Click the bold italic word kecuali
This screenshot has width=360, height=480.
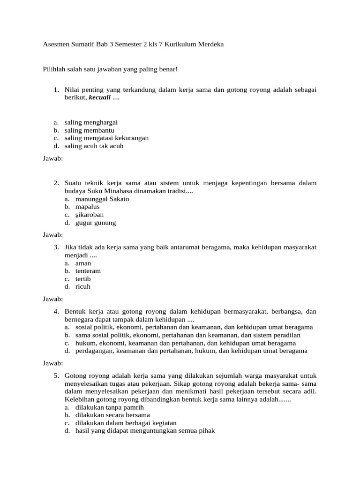tap(99, 97)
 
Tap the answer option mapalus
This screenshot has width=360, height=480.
tap(88, 207)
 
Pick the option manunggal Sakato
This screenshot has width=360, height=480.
tap(102, 199)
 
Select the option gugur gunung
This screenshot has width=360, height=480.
tap(96, 223)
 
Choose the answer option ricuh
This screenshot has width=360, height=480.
tap(83, 286)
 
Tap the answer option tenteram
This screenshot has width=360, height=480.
tap(88, 270)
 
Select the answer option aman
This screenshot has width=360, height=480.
tap(83, 263)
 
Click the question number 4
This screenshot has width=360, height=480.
tap(56, 311)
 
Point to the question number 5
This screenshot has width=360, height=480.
tap(56, 375)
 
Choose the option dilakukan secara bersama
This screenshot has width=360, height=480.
tap(112, 415)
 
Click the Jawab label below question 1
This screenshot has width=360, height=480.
tap(52, 158)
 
